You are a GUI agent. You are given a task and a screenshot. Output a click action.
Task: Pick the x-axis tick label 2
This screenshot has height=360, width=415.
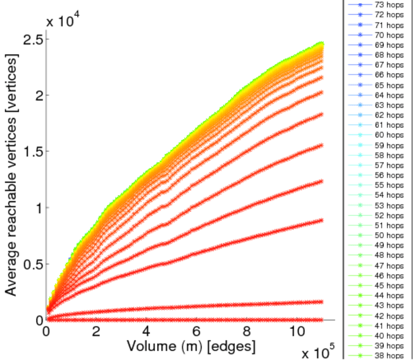coord(96,331)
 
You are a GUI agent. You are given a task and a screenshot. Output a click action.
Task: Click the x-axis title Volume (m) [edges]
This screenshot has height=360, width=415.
coord(190,346)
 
